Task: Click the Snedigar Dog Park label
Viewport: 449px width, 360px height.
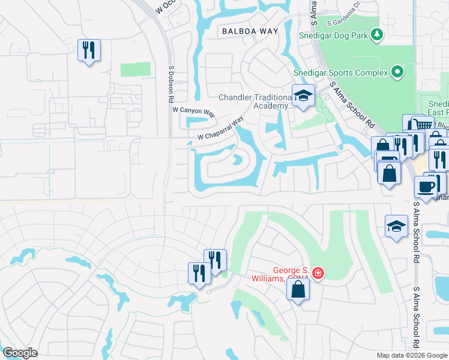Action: point(333,35)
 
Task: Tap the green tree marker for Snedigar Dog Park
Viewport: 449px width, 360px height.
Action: point(377,34)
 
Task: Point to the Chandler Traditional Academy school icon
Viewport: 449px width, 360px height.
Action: point(303,95)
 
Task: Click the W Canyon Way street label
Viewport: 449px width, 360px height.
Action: point(193,111)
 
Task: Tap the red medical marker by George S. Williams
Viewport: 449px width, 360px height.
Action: point(317,274)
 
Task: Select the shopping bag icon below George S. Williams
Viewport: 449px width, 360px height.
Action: point(298,290)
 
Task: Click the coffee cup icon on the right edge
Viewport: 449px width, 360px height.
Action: point(426,186)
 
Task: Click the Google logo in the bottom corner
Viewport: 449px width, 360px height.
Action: point(19,353)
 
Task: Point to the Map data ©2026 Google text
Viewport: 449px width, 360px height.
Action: point(411,355)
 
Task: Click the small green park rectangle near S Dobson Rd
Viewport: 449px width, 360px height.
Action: point(135,69)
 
